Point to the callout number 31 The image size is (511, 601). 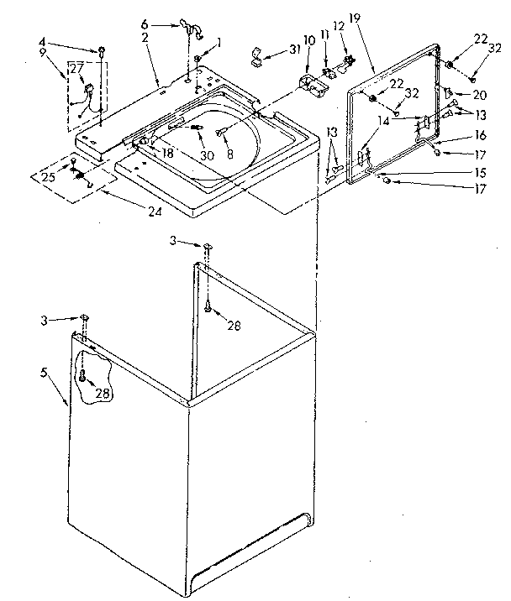(293, 50)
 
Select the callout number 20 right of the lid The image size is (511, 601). (480, 93)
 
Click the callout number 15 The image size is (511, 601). (481, 172)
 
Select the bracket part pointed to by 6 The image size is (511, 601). (192, 33)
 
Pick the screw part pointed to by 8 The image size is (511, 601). (221, 132)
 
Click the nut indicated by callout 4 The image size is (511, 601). (101, 52)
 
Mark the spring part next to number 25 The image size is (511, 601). (80, 175)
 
